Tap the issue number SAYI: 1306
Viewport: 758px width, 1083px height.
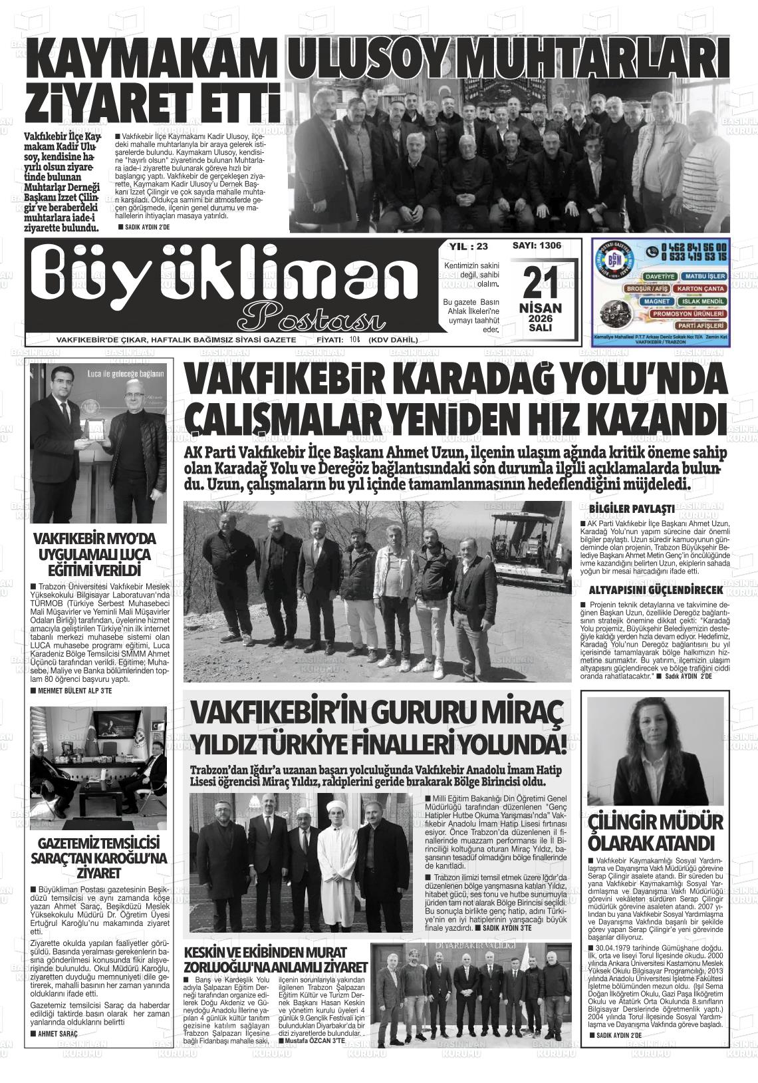[x=537, y=245]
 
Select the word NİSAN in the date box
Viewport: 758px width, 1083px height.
[x=540, y=308]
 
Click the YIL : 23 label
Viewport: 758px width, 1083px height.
[x=469, y=246]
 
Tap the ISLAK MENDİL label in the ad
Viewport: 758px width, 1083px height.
[x=701, y=301]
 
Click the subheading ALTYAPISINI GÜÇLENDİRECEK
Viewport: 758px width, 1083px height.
[x=655, y=590]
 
